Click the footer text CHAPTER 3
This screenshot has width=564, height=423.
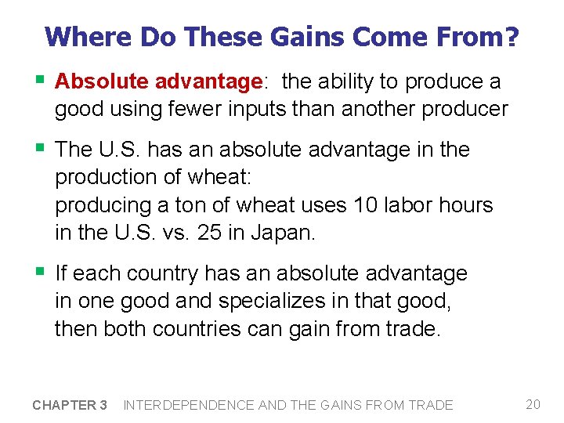click(x=70, y=405)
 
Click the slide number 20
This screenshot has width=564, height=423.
click(x=533, y=404)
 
